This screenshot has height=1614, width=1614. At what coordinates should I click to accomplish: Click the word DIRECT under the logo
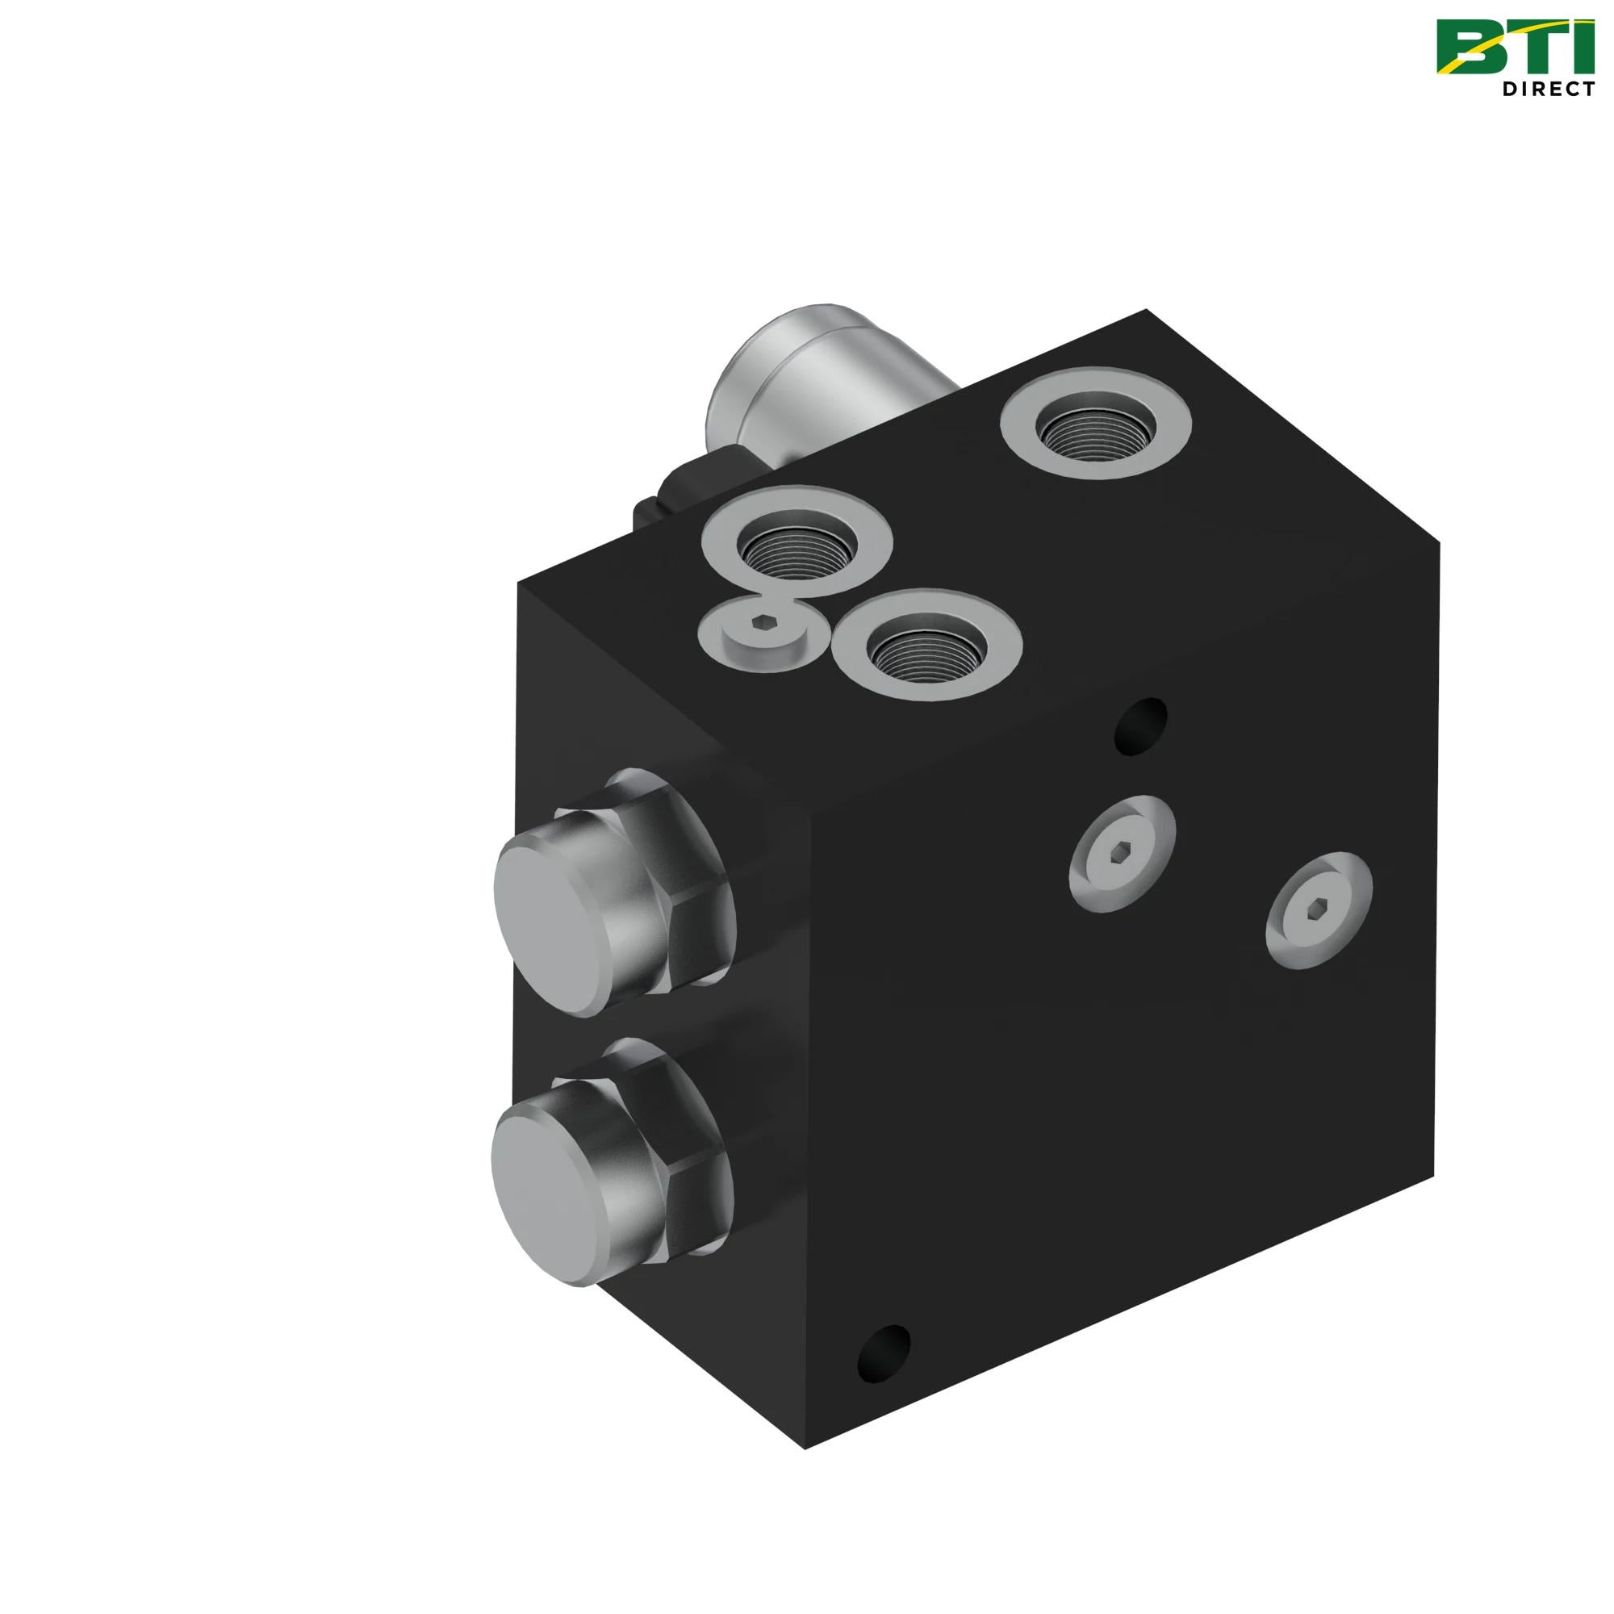tap(1548, 88)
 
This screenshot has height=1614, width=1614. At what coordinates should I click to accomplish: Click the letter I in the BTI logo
tap(1582, 47)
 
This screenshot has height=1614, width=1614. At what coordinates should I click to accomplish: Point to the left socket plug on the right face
tap(1122, 853)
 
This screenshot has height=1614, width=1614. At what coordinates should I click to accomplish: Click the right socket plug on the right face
tap(1319, 909)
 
